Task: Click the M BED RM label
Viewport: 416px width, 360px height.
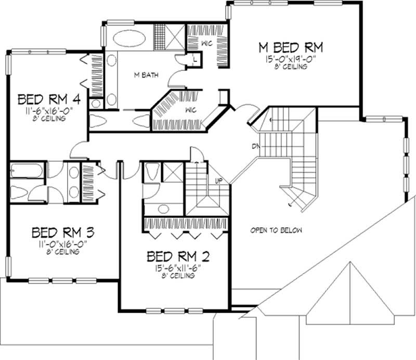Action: [x=291, y=48]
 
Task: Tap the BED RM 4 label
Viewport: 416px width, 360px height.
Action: [x=49, y=99]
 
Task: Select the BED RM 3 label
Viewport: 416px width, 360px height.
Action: [x=63, y=233]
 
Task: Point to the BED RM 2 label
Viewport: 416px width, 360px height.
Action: [x=178, y=256]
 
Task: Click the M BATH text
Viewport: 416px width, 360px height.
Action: [x=146, y=75]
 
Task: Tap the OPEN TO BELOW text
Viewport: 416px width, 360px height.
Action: [x=276, y=230]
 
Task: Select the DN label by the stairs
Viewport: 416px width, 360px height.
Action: [x=256, y=146]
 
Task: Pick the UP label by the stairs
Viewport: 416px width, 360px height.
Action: [x=219, y=181]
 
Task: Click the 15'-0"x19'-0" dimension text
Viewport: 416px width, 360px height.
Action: [x=291, y=59]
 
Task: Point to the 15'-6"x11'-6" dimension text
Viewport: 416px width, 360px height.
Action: [x=178, y=268]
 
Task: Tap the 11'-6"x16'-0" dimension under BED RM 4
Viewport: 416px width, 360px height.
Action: [x=49, y=111]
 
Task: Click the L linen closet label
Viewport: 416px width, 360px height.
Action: [x=195, y=59]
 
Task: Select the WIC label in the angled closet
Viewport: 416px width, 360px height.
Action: [x=191, y=110]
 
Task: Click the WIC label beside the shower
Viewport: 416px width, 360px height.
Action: [x=207, y=43]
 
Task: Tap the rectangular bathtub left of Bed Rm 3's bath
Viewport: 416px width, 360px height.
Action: [x=27, y=170]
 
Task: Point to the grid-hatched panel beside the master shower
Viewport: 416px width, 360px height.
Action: [x=160, y=37]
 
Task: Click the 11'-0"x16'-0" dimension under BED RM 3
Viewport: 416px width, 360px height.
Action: [x=63, y=244]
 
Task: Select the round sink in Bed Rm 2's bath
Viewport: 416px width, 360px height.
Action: [x=163, y=209]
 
